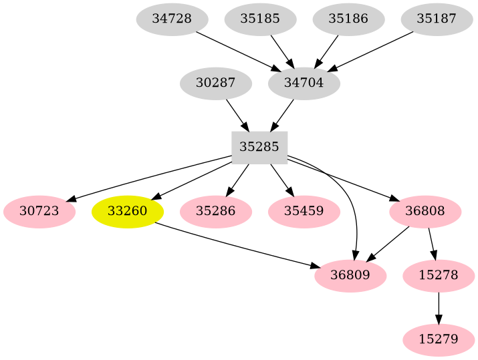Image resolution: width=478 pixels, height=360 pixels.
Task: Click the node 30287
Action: (216, 83)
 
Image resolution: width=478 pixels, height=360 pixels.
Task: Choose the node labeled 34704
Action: (304, 83)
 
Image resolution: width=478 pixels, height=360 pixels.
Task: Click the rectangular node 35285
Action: (259, 148)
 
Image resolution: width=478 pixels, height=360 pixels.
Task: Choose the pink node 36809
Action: (350, 275)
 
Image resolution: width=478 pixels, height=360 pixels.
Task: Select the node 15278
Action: (439, 275)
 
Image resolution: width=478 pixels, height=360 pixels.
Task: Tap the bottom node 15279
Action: (439, 339)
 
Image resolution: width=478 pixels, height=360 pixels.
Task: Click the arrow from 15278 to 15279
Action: (439, 307)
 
